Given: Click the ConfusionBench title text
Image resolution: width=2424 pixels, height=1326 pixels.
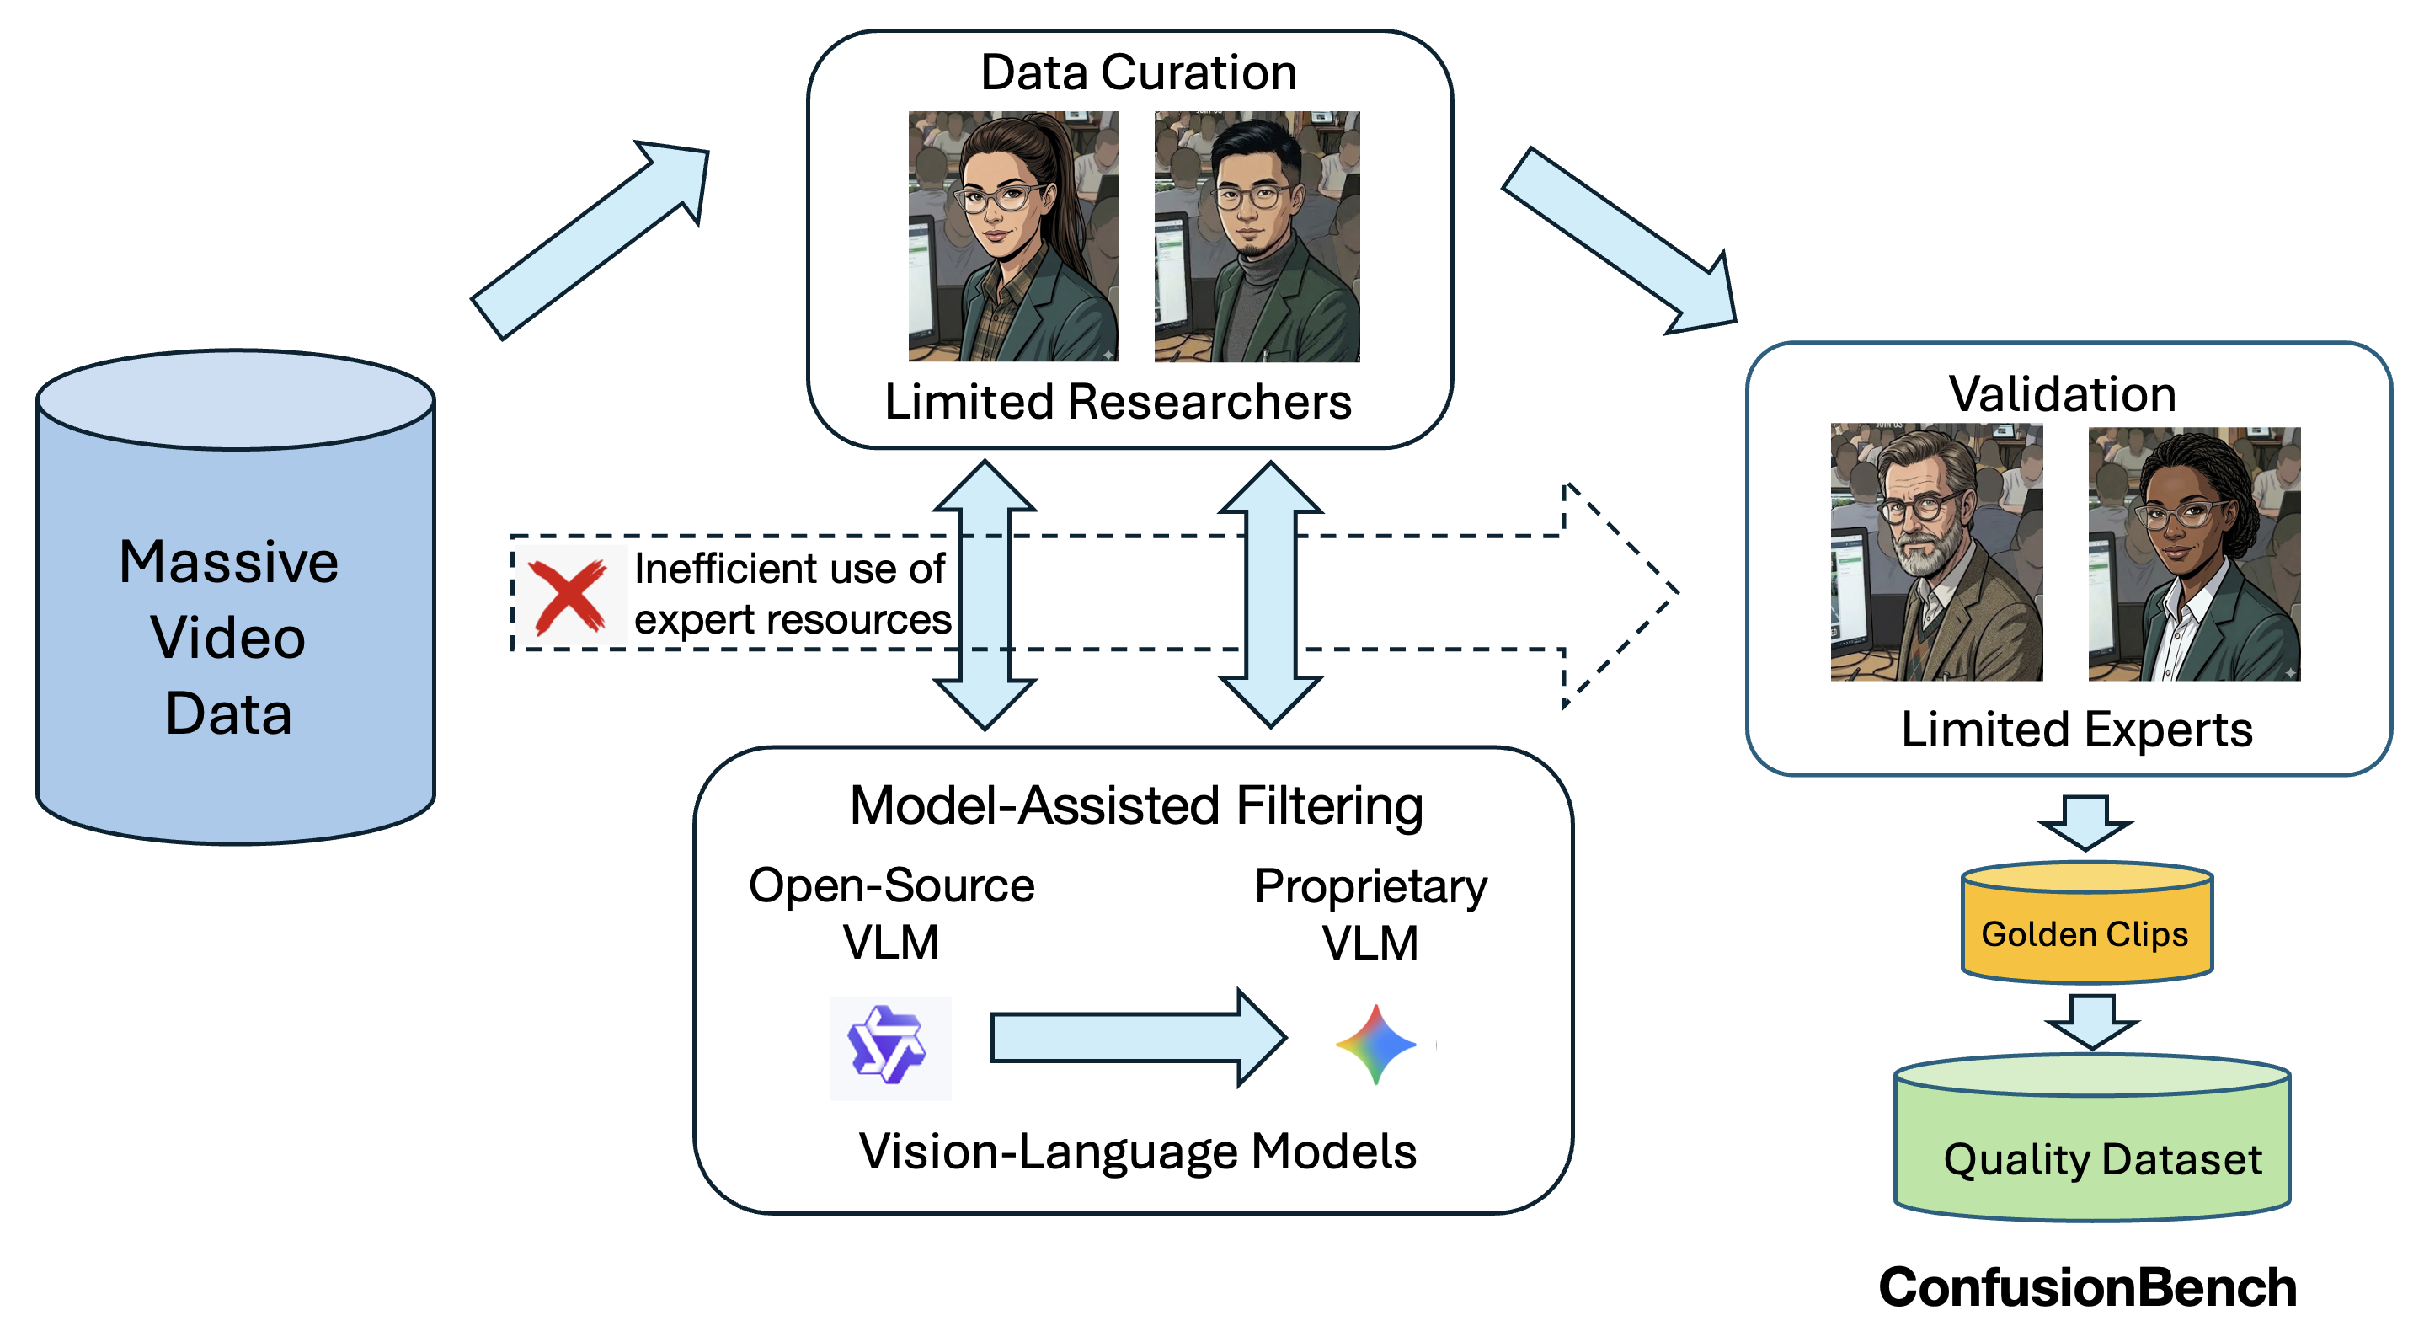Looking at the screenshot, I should coord(2087,1287).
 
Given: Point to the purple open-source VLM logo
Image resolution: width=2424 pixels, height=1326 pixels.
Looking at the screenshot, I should coord(889,1047).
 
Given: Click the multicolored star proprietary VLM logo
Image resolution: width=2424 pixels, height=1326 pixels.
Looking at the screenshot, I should coord(1375,1045).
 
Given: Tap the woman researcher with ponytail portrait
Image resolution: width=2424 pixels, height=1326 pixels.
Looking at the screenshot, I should coord(1012,236).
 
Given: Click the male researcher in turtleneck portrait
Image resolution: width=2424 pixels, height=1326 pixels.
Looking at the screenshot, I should coord(1257,236).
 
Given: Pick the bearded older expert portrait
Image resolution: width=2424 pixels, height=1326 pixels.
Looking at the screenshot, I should coord(1935,553).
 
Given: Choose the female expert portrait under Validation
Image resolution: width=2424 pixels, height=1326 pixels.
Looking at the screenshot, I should coord(2193,554).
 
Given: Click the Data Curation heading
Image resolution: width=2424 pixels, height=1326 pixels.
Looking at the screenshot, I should coord(1138,72).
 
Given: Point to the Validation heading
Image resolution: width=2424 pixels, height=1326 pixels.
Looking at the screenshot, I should coord(2062,393).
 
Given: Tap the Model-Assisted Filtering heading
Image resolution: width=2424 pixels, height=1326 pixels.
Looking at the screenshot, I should coord(1136,805).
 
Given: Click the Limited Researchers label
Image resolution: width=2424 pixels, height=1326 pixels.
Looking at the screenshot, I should coord(1117,402).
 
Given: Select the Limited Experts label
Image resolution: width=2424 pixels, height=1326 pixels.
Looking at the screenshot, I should coord(2076,730).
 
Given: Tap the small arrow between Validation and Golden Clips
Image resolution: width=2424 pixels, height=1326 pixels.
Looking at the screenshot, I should coord(2085,821).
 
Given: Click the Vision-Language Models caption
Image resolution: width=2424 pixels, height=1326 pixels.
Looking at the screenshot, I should coord(1137,1151).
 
